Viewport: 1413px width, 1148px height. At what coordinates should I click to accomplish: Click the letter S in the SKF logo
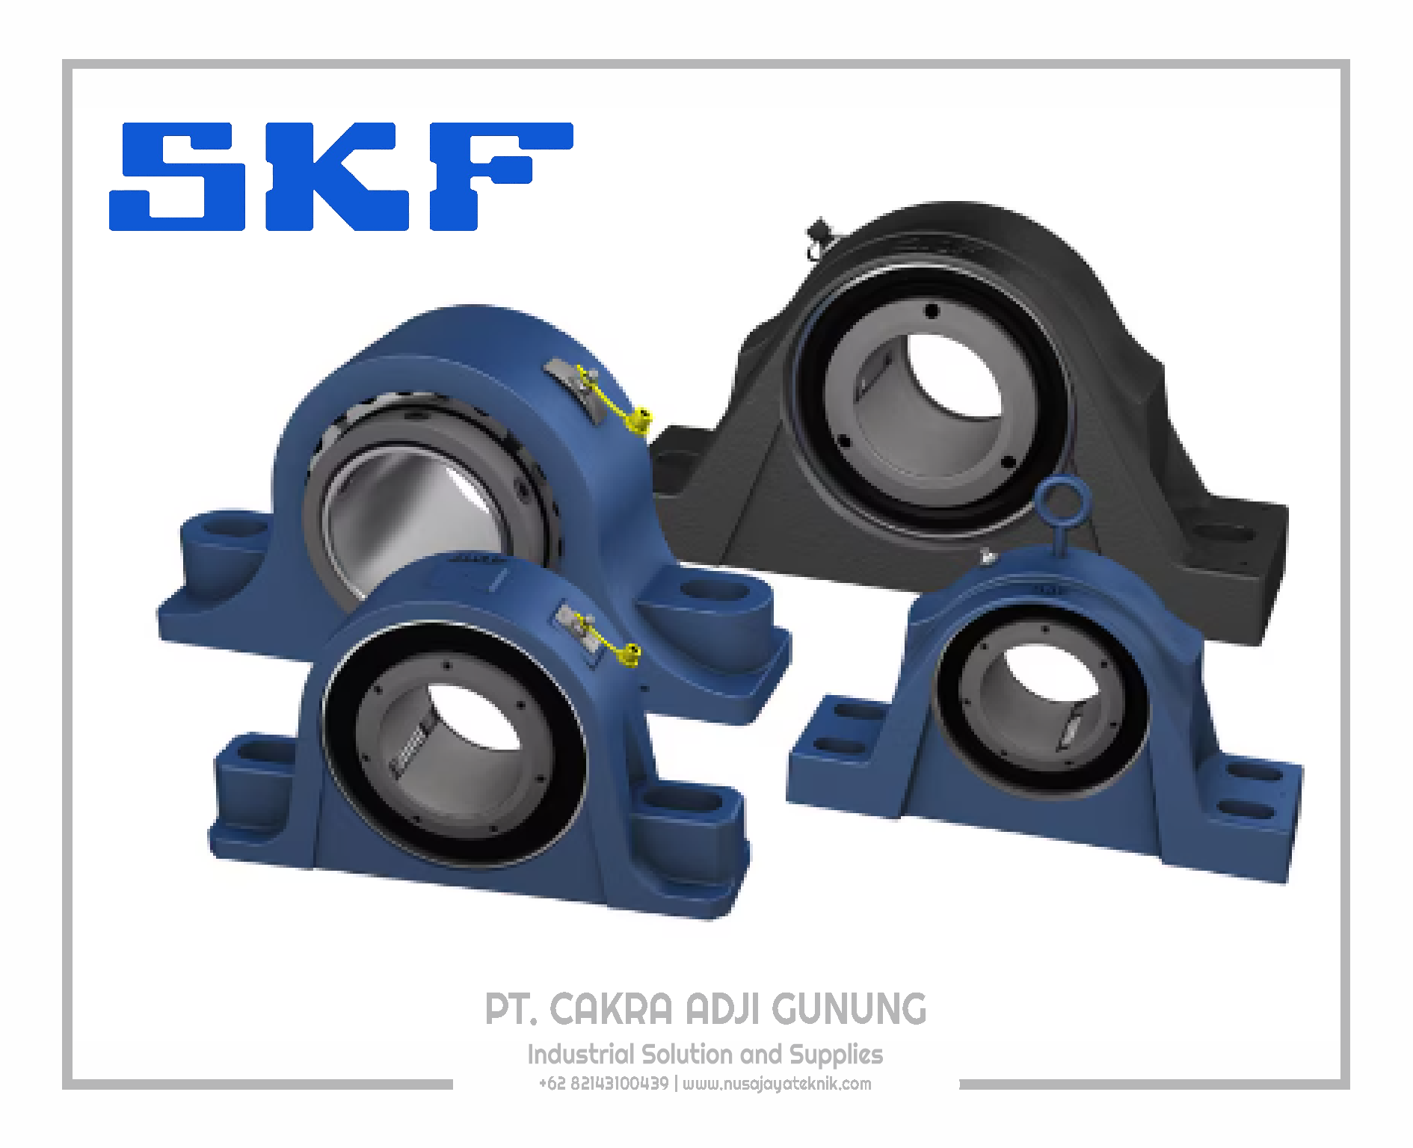tap(178, 176)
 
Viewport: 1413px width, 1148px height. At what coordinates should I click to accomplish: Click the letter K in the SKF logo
tap(337, 176)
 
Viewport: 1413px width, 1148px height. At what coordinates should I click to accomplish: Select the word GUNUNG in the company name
tap(849, 1009)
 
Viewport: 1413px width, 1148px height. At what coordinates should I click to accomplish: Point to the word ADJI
tap(722, 1009)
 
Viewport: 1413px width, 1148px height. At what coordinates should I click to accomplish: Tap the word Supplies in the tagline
tap(837, 1055)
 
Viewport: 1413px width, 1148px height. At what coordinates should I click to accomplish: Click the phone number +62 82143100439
tap(604, 1084)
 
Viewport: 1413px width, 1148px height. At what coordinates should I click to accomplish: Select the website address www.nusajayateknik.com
tap(777, 1084)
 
